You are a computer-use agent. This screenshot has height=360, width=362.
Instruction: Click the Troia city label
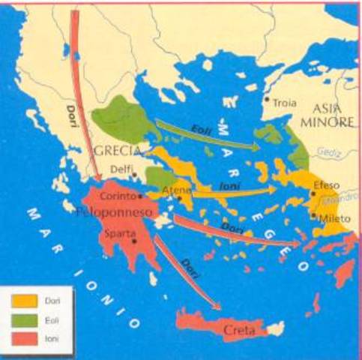point(284,102)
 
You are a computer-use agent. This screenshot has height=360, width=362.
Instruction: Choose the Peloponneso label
point(114,212)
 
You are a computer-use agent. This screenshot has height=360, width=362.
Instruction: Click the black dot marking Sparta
point(134,241)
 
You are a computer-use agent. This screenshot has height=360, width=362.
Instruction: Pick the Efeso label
point(327,185)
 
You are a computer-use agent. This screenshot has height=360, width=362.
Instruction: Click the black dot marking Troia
point(266,98)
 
